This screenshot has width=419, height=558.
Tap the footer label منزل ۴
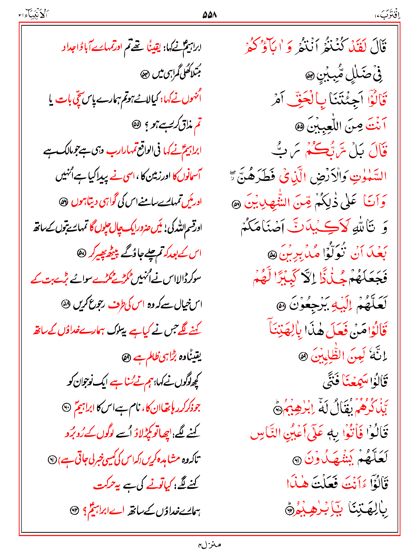click(209, 545)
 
